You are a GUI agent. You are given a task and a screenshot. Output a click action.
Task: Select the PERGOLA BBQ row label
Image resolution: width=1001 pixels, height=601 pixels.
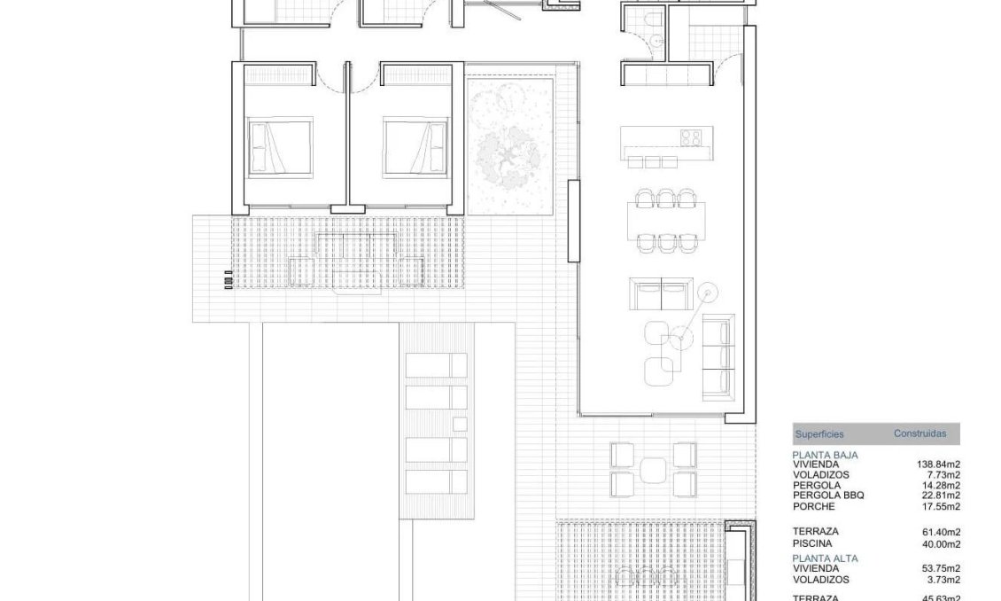[828, 496]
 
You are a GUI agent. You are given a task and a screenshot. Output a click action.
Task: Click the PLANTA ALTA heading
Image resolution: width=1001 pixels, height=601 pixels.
[825, 558]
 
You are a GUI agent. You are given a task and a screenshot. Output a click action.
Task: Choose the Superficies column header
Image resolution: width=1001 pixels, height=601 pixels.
[819, 434]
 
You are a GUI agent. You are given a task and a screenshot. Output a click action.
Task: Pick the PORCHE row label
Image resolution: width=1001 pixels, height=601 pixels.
[813, 506]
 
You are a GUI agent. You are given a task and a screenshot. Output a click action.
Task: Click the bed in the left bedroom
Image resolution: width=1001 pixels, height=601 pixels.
[281, 146]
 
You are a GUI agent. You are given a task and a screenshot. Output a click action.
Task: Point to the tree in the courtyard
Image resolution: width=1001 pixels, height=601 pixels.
[509, 154]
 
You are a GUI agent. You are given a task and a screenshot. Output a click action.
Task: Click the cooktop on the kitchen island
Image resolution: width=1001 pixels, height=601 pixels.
[691, 137]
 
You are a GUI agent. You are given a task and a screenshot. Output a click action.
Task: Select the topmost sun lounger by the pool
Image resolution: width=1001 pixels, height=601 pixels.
[436, 365]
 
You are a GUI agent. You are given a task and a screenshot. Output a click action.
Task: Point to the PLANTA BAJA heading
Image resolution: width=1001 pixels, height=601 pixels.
[825, 454]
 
